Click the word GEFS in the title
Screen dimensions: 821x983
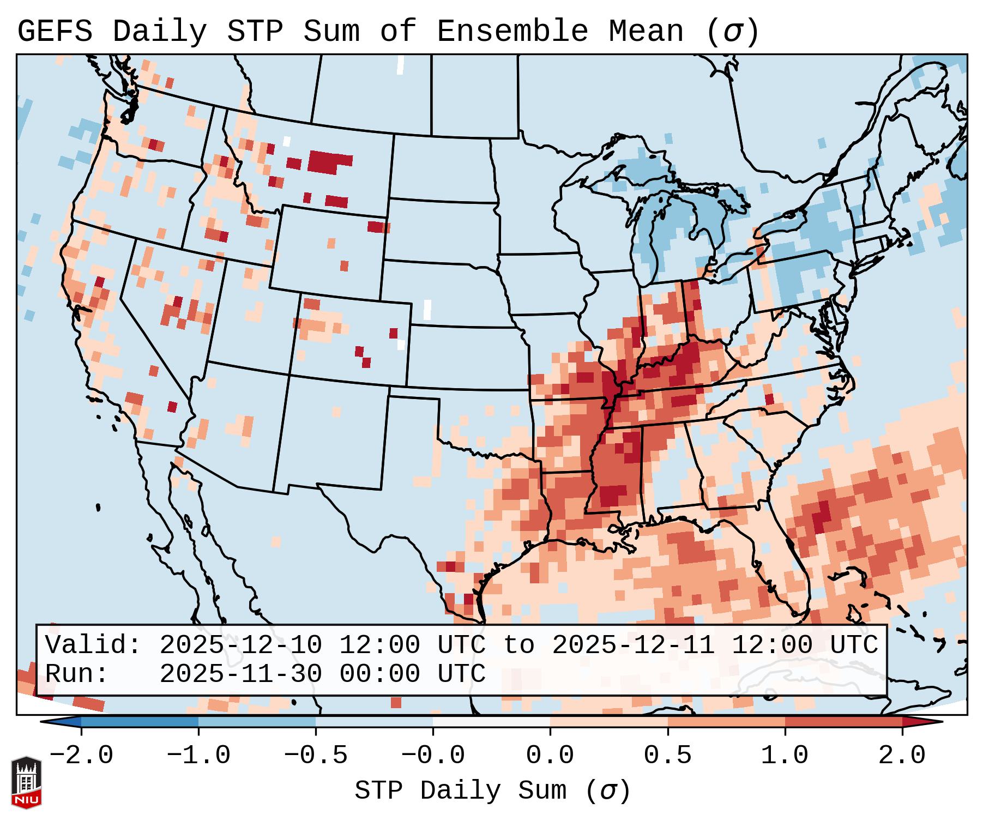click(55, 32)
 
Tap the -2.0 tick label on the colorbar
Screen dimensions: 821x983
click(81, 756)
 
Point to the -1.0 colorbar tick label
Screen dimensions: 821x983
click(198, 756)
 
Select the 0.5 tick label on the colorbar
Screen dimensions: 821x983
click(667, 756)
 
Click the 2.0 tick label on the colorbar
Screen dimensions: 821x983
click(902, 756)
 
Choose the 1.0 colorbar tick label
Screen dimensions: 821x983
click(785, 756)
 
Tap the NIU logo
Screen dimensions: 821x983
click(26, 782)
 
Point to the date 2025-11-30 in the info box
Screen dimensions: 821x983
click(240, 674)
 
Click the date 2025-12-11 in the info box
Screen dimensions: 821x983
click(633, 645)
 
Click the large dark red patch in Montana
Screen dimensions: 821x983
click(330, 162)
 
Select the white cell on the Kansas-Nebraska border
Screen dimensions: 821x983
click(427, 310)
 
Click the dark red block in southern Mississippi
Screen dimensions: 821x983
click(613, 496)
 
